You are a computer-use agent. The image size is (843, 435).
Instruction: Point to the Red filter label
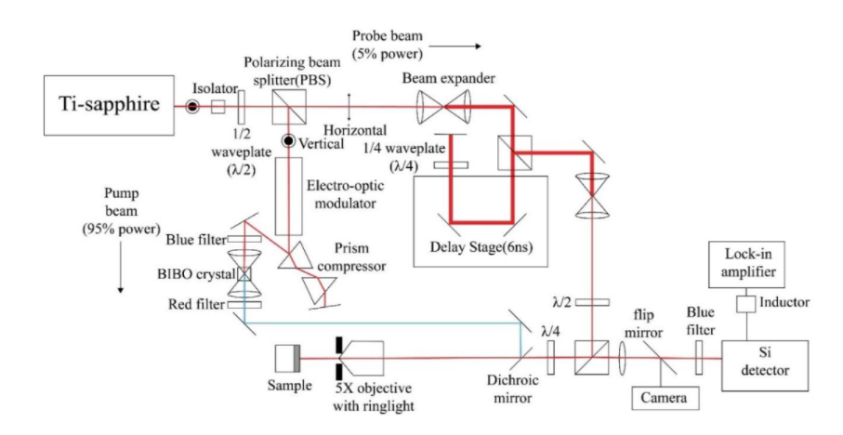click(193, 303)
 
